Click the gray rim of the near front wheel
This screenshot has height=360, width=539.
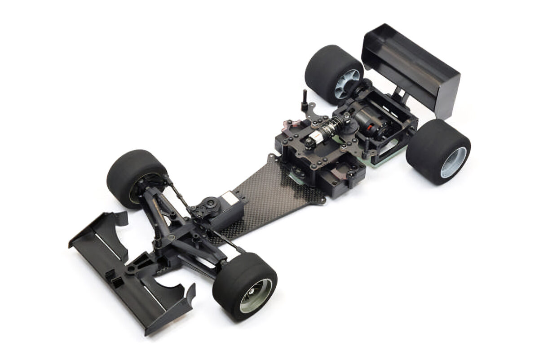(x=256, y=295)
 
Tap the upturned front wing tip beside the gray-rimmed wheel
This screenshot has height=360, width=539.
(x=184, y=299)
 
